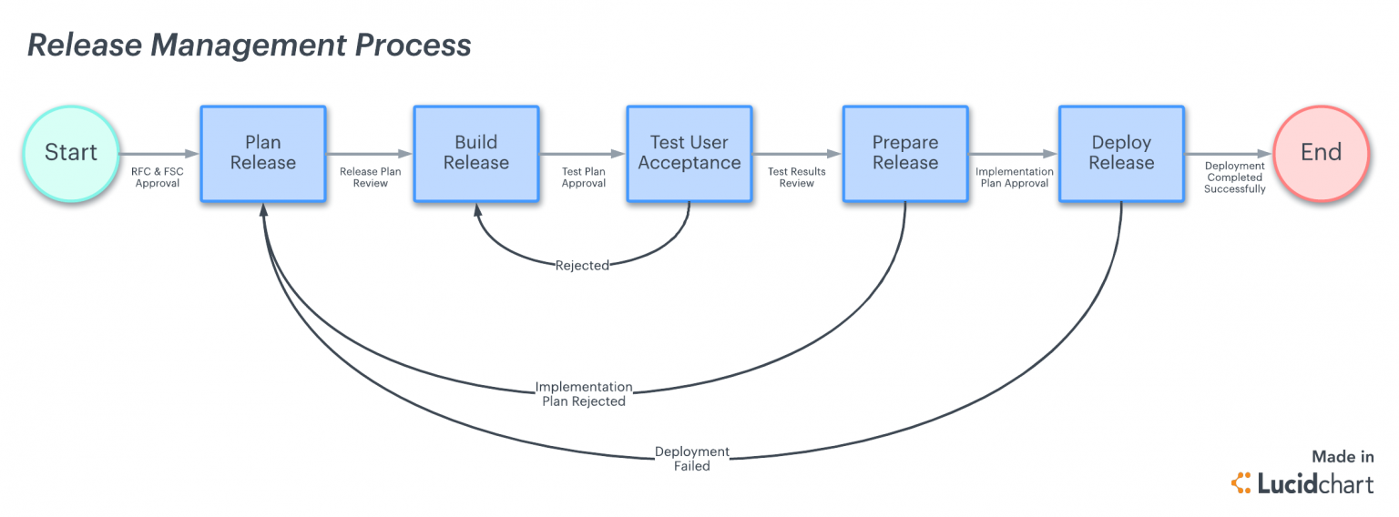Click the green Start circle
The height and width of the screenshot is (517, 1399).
(x=71, y=154)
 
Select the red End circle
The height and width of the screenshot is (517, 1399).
(x=1321, y=154)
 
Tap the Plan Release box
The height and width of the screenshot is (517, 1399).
(x=263, y=154)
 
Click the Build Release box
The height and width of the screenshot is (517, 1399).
(x=476, y=154)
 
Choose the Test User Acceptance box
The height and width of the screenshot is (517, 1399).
(x=689, y=154)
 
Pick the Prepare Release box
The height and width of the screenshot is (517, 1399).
(x=905, y=154)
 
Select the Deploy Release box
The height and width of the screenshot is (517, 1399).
(x=1122, y=154)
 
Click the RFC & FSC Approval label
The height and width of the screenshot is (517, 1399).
(x=158, y=177)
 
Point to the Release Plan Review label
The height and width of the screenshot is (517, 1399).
(x=371, y=177)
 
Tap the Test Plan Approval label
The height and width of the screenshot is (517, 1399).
(x=583, y=177)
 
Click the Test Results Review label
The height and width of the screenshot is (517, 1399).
(x=797, y=177)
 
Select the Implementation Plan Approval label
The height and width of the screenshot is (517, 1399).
(x=1015, y=177)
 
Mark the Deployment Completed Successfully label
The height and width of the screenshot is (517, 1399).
(x=1235, y=177)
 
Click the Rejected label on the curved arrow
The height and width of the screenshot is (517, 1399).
(x=582, y=266)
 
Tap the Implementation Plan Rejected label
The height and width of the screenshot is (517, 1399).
(x=584, y=394)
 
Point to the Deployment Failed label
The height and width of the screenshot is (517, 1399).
(x=692, y=459)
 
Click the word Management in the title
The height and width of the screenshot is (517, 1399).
(x=249, y=46)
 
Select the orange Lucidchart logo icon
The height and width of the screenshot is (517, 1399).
(x=1241, y=482)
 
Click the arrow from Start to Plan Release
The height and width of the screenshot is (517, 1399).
(x=158, y=154)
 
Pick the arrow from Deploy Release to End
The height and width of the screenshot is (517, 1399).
(x=1229, y=154)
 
